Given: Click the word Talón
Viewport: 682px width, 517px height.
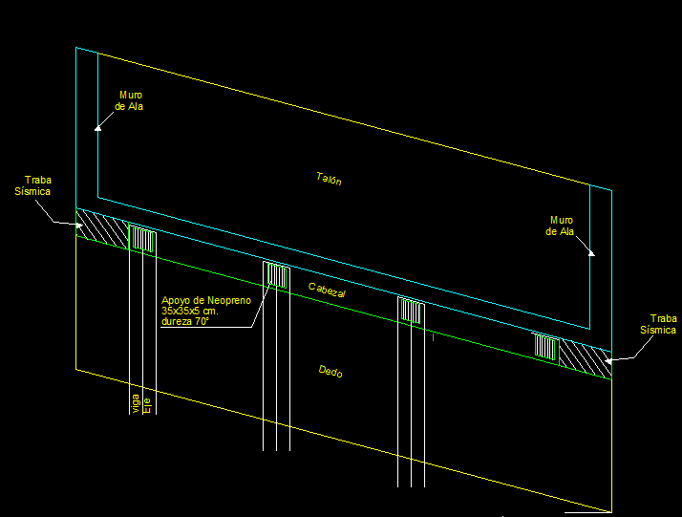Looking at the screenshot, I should (x=329, y=178).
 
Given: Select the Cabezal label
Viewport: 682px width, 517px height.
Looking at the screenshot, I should (x=327, y=291).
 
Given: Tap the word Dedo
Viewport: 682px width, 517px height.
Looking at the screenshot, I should (x=330, y=373).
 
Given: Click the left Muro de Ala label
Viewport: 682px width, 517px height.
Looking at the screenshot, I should (x=130, y=100).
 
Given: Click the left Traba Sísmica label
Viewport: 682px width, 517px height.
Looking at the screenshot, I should (x=38, y=185).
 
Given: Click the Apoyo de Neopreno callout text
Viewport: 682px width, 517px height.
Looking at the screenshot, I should (x=205, y=312).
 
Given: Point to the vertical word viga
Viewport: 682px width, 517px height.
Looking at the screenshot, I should (x=135, y=403).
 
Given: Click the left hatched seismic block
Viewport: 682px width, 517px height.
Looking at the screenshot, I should (x=101, y=228).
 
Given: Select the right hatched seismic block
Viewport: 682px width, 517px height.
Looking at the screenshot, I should (x=583, y=355).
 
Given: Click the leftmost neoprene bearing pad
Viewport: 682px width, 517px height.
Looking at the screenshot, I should (x=141, y=240).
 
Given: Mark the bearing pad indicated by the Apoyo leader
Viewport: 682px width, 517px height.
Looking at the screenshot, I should (x=277, y=275).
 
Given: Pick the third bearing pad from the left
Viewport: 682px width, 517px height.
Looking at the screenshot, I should (x=412, y=312).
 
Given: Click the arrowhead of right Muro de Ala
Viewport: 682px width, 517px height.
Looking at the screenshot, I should (x=591, y=252).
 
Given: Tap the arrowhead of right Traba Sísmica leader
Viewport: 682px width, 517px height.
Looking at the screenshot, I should (x=608, y=360).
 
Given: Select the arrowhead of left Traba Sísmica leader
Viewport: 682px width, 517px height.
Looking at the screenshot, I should (x=79, y=226).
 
